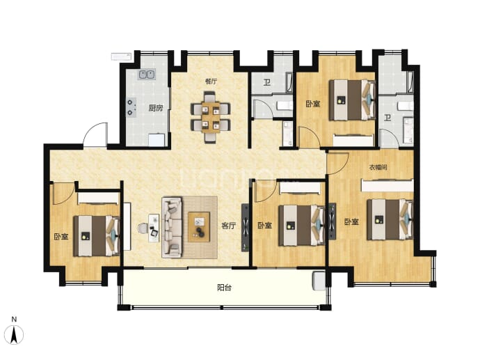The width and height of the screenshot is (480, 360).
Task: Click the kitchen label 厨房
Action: point(156,108)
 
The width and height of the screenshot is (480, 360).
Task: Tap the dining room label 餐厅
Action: point(211,81)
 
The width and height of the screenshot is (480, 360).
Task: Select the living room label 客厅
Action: point(229,226)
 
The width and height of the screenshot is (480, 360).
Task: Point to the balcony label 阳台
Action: point(224,288)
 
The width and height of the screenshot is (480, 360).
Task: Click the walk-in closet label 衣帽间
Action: point(378,167)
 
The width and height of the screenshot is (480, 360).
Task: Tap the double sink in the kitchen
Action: point(146,75)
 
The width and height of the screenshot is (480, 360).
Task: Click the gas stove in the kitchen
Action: point(131,108)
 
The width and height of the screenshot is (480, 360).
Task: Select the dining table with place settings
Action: point(211,117)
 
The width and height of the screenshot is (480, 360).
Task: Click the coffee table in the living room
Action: point(199,227)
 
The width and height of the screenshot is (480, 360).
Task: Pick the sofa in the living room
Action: point(172,227)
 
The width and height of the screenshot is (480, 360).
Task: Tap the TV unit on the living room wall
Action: point(245,228)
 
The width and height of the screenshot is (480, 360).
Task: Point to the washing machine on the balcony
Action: point(319,281)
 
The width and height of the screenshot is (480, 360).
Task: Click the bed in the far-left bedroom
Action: point(96,236)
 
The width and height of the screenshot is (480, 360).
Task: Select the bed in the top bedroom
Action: point(352,100)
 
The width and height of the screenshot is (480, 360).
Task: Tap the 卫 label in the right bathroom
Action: point(387,118)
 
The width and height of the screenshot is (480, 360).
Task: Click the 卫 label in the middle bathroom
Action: point(267,82)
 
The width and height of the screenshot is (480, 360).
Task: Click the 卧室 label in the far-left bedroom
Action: point(61,237)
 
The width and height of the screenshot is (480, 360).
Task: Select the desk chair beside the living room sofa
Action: point(143,228)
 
